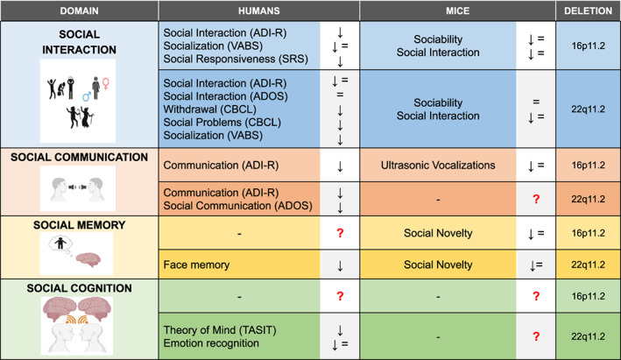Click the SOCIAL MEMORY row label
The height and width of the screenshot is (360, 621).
pos(78,225)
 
